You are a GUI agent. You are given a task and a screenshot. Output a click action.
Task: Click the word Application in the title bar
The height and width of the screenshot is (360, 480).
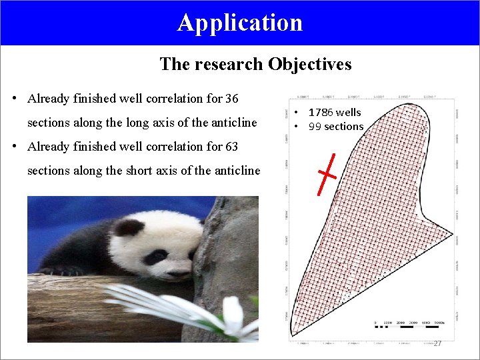pos(240,22)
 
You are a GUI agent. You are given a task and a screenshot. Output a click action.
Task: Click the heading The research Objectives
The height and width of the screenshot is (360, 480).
pos(255,64)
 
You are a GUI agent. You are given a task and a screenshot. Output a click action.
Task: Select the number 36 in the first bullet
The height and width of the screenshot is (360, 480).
pos(231,99)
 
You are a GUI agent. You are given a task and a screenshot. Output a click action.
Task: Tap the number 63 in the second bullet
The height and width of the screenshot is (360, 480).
pos(231,147)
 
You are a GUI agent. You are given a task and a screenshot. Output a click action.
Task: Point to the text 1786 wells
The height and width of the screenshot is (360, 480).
pos(334,113)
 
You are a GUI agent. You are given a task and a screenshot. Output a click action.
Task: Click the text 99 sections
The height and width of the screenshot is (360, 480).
pos(335,127)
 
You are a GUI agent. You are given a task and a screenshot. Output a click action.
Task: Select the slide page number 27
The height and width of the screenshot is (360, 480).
pos(437,343)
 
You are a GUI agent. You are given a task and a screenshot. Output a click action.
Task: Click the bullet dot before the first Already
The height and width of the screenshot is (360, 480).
pos(15,99)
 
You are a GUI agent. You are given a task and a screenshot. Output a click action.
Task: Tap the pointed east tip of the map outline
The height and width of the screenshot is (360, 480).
pos(453,235)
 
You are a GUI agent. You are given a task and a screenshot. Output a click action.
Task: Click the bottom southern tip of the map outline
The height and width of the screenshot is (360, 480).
pos(291,333)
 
